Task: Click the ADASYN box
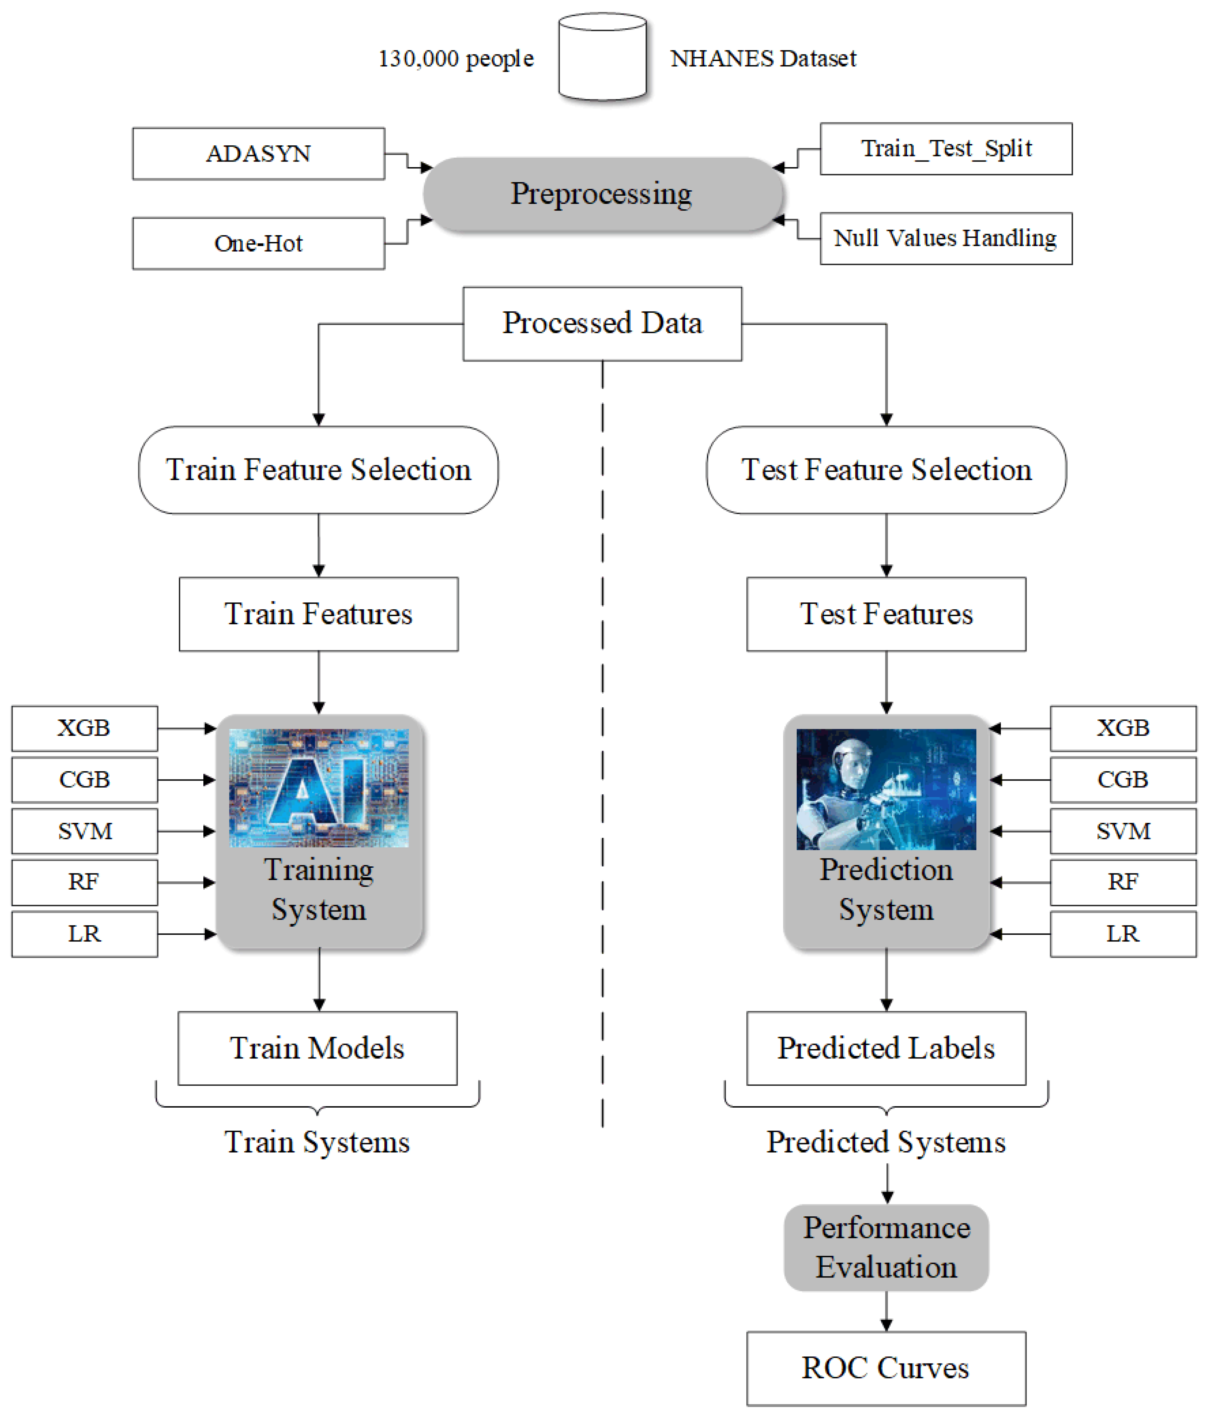click(x=259, y=154)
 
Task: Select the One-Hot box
click(x=259, y=243)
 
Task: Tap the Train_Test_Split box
click(x=946, y=149)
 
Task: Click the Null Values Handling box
click(x=946, y=238)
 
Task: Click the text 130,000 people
click(x=456, y=59)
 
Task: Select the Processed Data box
click(x=602, y=323)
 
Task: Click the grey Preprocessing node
click(x=602, y=194)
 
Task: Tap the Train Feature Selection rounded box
click(x=319, y=470)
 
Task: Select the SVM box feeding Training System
click(x=85, y=831)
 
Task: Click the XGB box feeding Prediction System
click(x=1123, y=728)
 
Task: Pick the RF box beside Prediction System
click(x=1123, y=882)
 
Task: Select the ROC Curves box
click(x=886, y=1368)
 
